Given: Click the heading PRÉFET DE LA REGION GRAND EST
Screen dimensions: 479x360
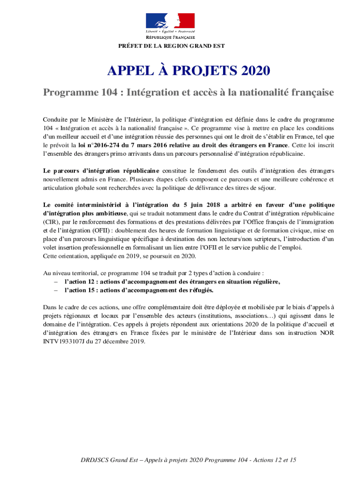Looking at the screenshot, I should (171, 46).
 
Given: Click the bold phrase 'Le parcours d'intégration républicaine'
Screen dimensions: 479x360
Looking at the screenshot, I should (101, 171).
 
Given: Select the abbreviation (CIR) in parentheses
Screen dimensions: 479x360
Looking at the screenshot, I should (50, 222).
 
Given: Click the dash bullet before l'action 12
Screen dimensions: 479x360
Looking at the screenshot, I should (56, 282).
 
